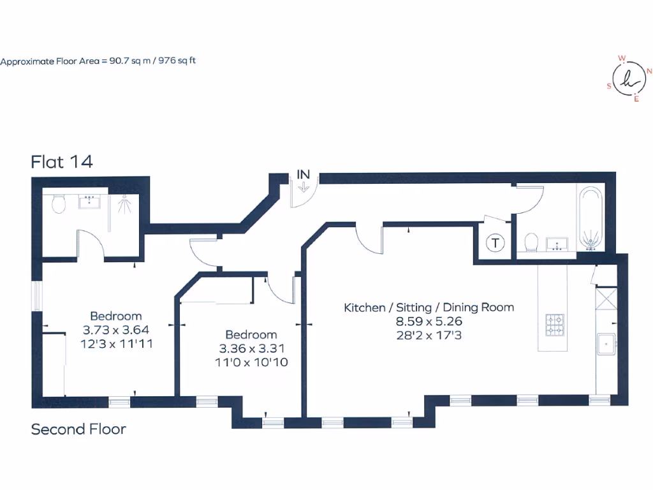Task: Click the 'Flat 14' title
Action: [x=62, y=162]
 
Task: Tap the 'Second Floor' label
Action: [x=78, y=429]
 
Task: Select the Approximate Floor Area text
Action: [x=102, y=62]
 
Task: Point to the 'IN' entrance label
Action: [x=304, y=174]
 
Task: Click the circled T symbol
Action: [x=494, y=242]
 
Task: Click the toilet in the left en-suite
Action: [x=59, y=204]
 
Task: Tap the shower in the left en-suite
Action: [x=125, y=207]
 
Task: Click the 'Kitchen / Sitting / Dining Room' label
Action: [x=429, y=308]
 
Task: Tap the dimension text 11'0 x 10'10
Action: [x=251, y=362]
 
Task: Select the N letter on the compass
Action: [x=649, y=71]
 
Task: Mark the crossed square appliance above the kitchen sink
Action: [x=605, y=299]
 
